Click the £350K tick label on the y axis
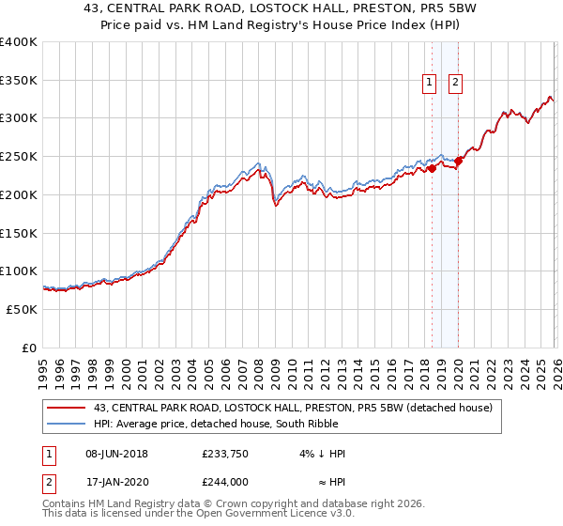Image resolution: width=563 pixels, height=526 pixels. [18, 81]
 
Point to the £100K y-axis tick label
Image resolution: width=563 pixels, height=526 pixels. [18, 271]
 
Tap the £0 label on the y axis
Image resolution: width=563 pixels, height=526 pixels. [29, 348]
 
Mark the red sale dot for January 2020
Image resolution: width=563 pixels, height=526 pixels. [458, 162]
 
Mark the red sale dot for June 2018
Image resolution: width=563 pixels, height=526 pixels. [432, 169]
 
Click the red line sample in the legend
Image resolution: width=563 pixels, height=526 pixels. [68, 407]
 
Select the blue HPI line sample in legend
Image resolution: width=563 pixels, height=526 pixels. [68, 424]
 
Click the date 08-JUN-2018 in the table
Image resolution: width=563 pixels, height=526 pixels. [116, 454]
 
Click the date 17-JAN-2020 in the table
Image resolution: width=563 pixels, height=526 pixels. [116, 481]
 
